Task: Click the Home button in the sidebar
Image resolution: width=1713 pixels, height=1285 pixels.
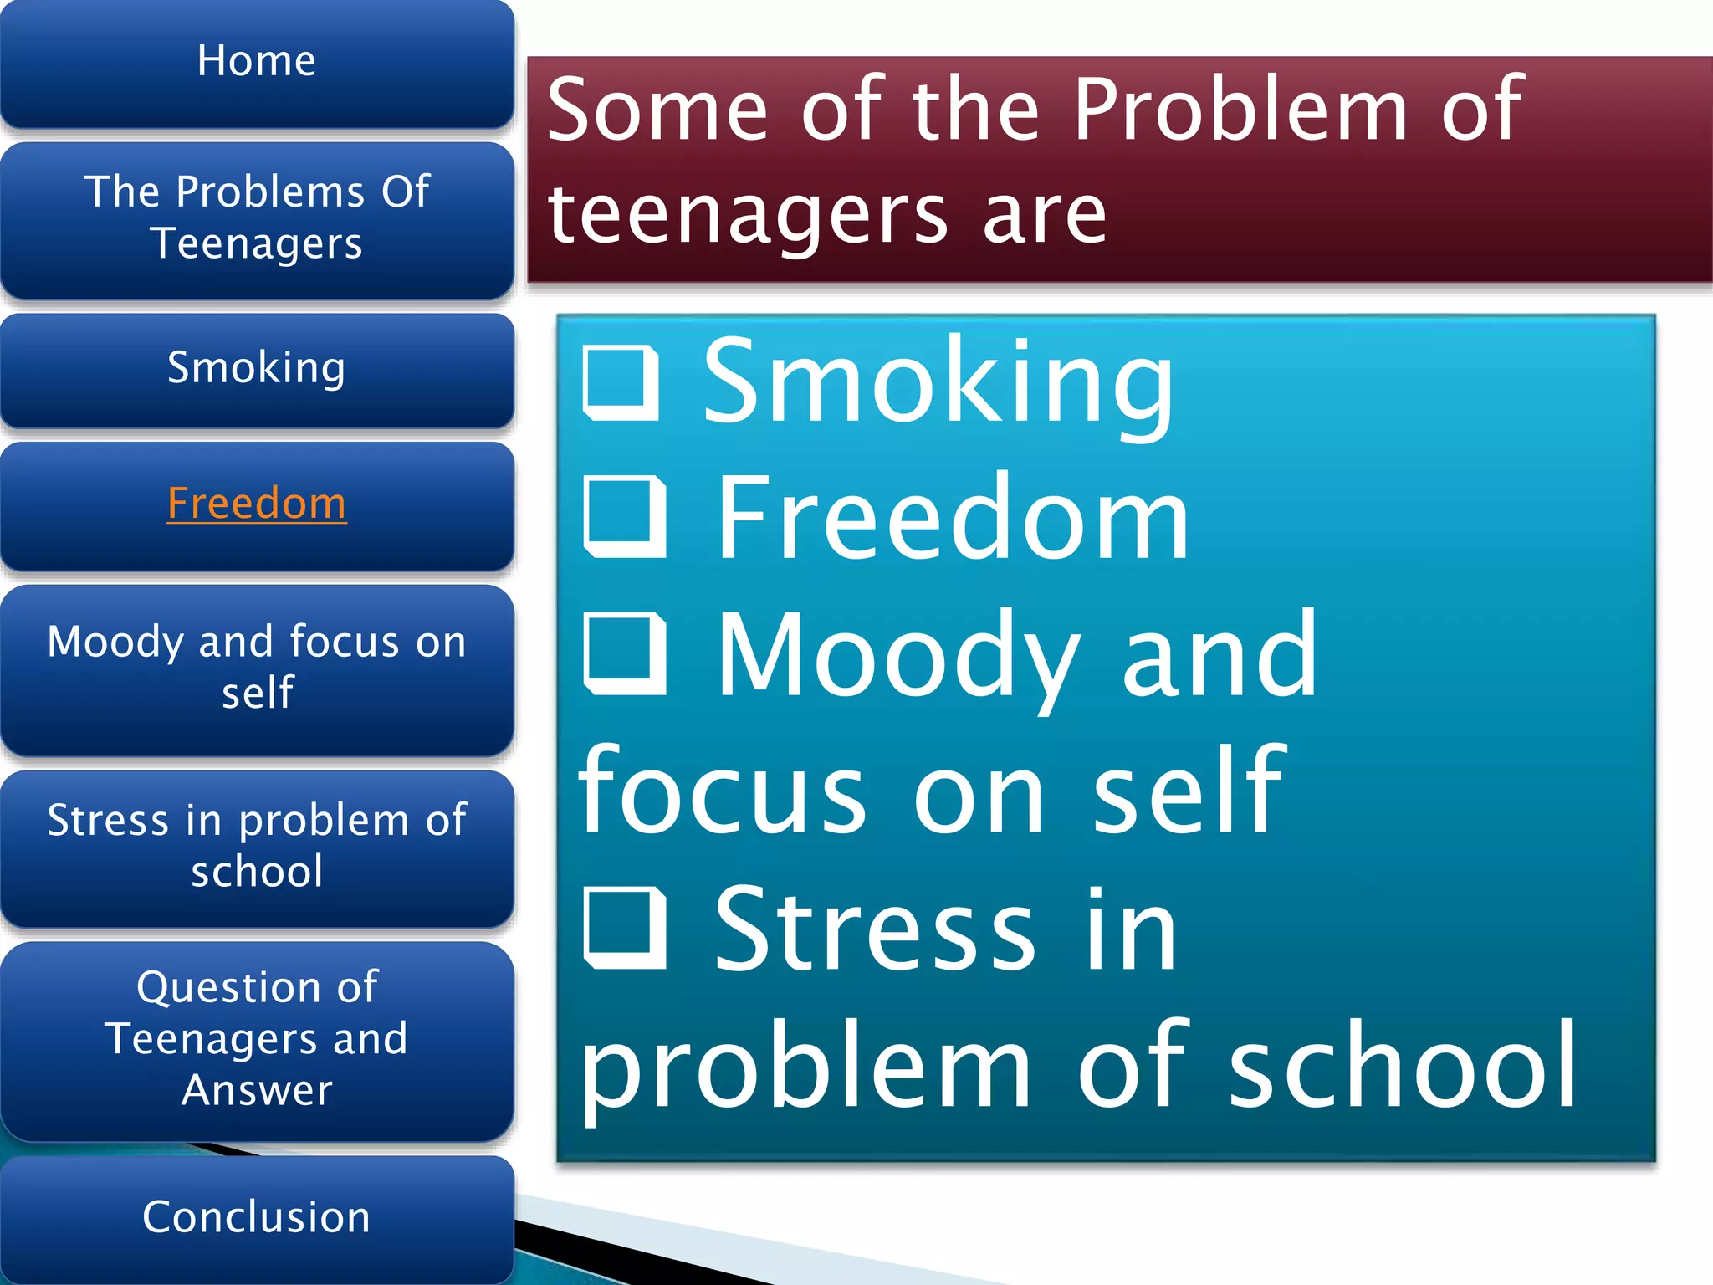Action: pos(257,62)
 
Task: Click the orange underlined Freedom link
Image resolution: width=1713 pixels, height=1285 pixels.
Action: pos(257,504)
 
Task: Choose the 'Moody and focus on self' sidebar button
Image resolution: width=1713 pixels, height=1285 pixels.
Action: pos(257,667)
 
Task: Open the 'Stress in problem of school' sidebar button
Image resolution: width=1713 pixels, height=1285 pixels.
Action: pos(257,846)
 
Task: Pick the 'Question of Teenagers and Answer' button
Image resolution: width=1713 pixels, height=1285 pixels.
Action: pos(257,1038)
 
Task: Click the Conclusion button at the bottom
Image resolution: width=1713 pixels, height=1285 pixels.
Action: pos(257,1217)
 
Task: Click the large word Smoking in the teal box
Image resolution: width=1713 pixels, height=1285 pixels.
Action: pos(938,382)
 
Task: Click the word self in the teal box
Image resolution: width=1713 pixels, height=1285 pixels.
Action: pos(1188,791)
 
